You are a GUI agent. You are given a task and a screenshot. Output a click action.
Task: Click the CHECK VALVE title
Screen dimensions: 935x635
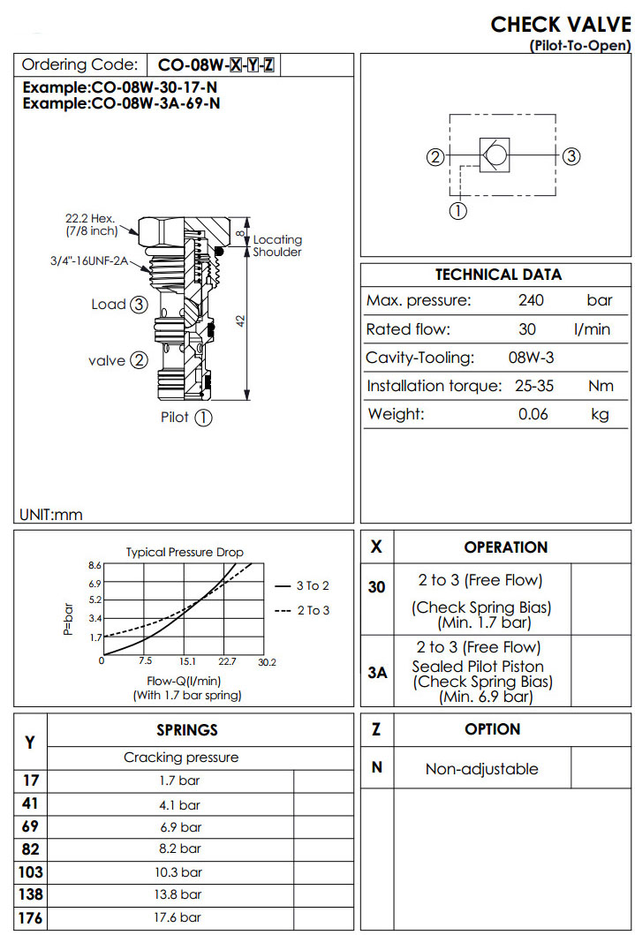pos(560,24)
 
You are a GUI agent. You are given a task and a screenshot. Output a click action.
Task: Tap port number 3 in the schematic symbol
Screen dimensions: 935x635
pos(571,156)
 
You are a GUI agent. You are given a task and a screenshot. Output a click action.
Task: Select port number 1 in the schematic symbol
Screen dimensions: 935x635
pos(458,210)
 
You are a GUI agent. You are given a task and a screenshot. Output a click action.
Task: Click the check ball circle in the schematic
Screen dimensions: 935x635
pos(495,156)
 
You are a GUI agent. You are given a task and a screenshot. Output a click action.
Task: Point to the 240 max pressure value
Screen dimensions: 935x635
pos(531,300)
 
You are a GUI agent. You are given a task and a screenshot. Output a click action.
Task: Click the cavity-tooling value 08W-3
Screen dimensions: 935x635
pos(533,358)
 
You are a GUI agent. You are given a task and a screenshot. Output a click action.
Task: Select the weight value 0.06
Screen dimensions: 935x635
pos(533,414)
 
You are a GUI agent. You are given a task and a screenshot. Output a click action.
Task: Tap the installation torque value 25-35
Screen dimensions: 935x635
pos(533,386)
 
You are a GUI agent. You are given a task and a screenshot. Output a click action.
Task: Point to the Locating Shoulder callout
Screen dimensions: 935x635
pos(277,245)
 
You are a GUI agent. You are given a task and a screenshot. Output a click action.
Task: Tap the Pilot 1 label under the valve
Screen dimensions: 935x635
pos(186,418)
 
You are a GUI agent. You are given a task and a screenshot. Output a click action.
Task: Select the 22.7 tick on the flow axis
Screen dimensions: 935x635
pos(227,660)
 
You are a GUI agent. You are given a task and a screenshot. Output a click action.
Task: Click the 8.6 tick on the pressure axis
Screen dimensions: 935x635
pos(95,564)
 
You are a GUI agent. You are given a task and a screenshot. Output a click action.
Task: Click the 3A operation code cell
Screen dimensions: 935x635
pos(377,673)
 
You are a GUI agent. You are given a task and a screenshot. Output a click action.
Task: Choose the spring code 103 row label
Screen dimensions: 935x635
pos(30,872)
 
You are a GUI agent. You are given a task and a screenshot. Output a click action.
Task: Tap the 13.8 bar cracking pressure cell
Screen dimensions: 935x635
pos(178,894)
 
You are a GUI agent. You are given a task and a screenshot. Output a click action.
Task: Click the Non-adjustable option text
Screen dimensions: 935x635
pos(481,769)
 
